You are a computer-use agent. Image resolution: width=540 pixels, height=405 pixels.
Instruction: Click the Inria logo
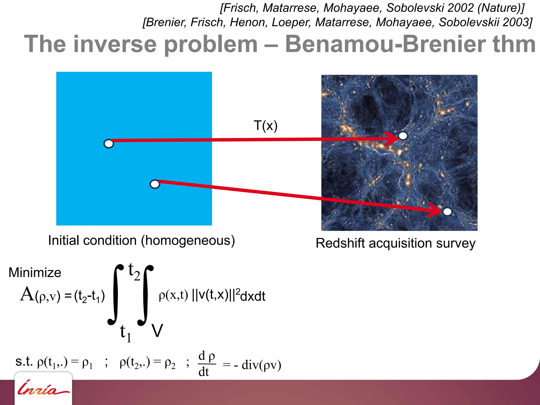(43, 388)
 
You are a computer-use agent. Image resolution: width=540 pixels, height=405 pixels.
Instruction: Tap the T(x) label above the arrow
(266, 126)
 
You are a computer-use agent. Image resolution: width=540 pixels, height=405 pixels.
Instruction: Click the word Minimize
(35, 272)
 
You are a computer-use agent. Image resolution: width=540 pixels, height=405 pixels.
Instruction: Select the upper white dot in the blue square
(109, 144)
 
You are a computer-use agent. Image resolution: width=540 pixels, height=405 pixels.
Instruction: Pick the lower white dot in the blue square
(155, 184)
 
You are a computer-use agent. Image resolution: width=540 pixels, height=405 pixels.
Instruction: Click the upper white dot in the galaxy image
(403, 136)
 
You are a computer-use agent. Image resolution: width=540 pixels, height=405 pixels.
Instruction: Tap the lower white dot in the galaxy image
(447, 211)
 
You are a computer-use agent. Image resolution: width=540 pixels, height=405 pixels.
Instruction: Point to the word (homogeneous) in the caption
(188, 240)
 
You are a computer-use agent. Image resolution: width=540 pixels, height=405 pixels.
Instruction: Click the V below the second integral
(157, 331)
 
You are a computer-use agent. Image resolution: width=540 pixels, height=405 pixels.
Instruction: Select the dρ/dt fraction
(207, 364)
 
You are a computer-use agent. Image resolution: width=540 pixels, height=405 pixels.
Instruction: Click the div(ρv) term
(261, 365)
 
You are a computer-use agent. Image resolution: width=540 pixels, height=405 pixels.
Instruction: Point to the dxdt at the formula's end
(253, 296)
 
